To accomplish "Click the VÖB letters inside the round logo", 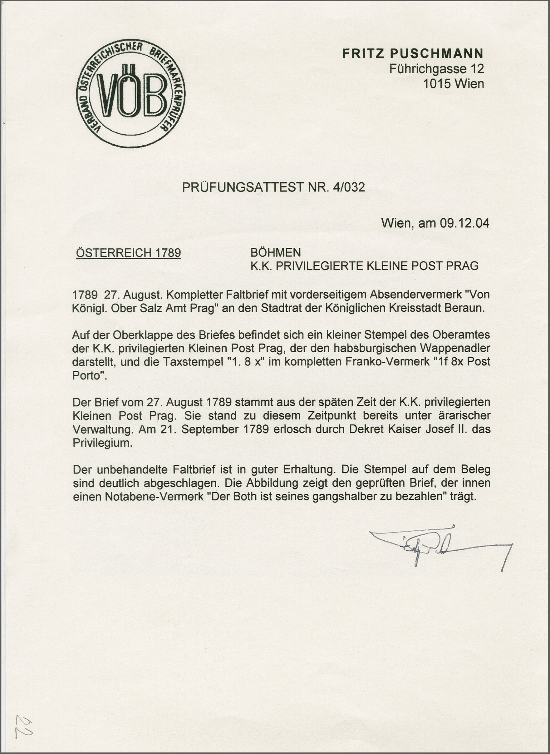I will coord(131,95).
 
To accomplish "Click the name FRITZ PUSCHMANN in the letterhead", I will coord(413,53).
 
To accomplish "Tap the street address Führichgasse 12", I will coord(436,69).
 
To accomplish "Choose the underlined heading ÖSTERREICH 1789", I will coord(129,253).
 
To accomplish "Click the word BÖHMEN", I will coord(276,253).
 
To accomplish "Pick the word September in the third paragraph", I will coord(209,429).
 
